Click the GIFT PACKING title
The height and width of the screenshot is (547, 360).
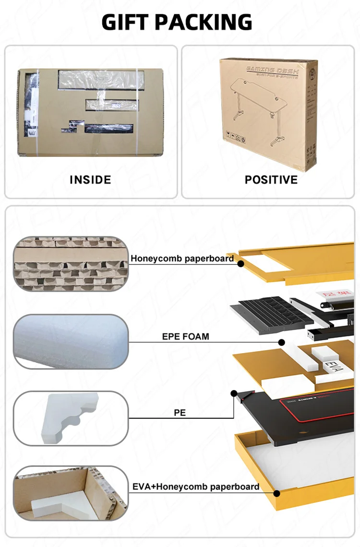(177, 22)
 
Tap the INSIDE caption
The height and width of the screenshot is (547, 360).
(90, 180)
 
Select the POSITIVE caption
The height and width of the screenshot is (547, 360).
(271, 180)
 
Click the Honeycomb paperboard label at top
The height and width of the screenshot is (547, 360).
(182, 259)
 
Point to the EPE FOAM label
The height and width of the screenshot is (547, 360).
(185, 336)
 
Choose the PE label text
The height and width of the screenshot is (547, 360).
(180, 412)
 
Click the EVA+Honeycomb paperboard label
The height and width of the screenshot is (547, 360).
(195, 487)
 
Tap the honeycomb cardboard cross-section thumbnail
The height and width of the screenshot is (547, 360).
(71, 263)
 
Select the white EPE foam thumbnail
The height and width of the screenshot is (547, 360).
(71, 341)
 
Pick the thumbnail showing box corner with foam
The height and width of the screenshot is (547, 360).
(71, 493)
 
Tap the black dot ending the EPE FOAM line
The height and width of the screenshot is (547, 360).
(282, 342)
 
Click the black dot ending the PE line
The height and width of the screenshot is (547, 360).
(234, 393)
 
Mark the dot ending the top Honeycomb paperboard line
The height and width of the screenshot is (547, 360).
(240, 263)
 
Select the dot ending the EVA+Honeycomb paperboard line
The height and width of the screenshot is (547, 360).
(276, 493)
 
